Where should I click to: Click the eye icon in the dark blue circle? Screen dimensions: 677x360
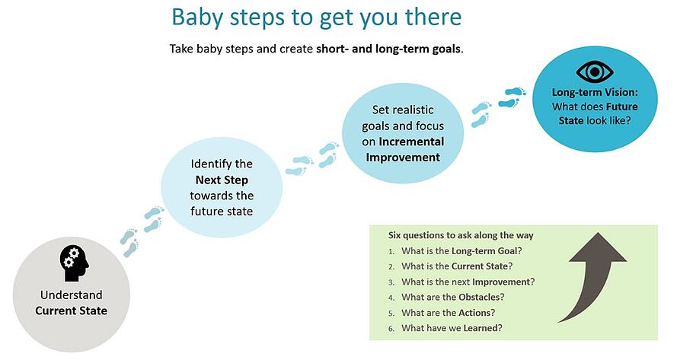coord(595,72)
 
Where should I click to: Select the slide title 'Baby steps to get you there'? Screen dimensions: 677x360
coord(317,18)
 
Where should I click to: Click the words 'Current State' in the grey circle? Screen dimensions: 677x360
coord(72,311)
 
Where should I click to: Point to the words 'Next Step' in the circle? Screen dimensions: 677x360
coord(222,180)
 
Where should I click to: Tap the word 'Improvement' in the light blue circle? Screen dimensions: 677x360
coord(403,158)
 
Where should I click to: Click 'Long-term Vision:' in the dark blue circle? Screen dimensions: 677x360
coord(595,92)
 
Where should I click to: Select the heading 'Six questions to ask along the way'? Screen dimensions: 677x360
coord(461,235)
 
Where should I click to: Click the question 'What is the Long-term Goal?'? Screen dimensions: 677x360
coord(461,251)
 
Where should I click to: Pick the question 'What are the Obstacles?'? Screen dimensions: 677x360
coord(453,297)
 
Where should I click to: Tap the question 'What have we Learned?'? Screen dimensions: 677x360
coord(452,328)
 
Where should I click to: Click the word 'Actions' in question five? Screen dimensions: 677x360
coord(474,313)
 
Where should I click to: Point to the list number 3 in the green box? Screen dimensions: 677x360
coord(391,282)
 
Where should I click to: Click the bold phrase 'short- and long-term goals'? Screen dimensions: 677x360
coord(388,49)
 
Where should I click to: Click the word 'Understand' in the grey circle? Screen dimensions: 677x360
coord(72,295)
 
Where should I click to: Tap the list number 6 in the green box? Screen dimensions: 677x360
coord(391,329)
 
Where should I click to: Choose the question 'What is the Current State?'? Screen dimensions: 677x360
coord(457,266)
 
